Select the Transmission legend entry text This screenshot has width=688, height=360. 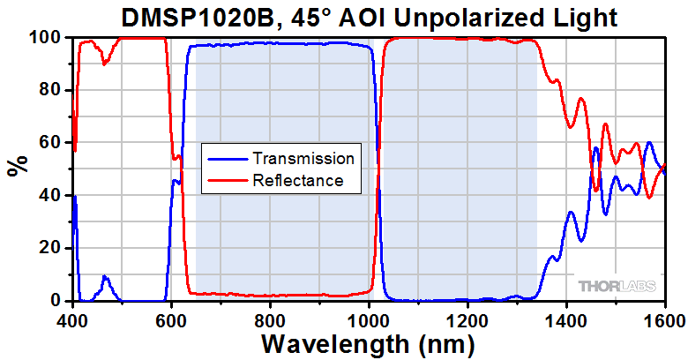pyautogui.click(x=303, y=159)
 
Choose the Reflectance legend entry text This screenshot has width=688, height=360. pyautogui.click(x=297, y=181)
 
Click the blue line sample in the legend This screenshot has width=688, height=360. pyautogui.click(x=228, y=159)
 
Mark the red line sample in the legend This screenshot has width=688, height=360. pyautogui.click(x=228, y=181)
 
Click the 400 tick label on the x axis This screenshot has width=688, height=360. pyautogui.click(x=72, y=319)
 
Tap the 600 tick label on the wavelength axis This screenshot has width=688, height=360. pyautogui.click(x=171, y=319)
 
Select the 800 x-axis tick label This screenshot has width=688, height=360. pyautogui.click(x=270, y=319)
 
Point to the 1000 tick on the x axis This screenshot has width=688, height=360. pyautogui.click(x=369, y=319)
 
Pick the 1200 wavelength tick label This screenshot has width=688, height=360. pyautogui.click(x=467, y=319)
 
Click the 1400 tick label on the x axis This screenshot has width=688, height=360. pyautogui.click(x=566, y=319)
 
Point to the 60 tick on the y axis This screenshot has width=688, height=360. pyautogui.click(x=52, y=143)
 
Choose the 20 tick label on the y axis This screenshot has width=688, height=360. pyautogui.click(x=52, y=248)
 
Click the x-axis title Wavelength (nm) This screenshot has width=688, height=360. pyautogui.click(x=368, y=342)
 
